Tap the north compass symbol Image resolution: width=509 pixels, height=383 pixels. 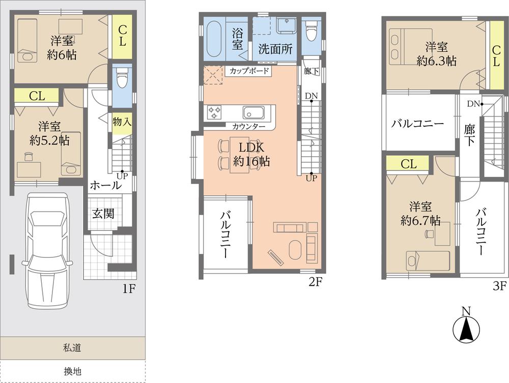coord(466,329)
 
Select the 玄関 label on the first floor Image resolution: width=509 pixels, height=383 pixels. coord(103,214)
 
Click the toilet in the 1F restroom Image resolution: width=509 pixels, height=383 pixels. coord(121,79)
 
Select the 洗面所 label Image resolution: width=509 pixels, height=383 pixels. coord(275,49)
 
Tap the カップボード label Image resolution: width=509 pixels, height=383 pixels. coord(248,71)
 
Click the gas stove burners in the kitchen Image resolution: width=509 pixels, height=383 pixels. coord(214,112)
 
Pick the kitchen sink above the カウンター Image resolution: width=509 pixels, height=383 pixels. coord(253,112)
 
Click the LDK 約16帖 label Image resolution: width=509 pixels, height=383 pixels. coord(251,155)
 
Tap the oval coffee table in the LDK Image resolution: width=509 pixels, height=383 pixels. coord(296,250)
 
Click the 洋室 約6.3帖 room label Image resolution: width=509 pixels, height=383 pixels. coord(436,54)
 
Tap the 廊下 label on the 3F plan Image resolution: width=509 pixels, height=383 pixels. coord(468,135)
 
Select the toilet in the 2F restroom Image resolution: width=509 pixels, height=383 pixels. coord(310,32)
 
